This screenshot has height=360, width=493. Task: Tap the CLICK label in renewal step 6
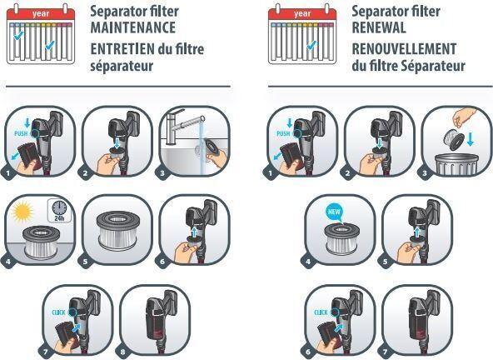tap(322, 312)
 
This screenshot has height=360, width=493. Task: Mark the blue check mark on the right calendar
tap(310, 43)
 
